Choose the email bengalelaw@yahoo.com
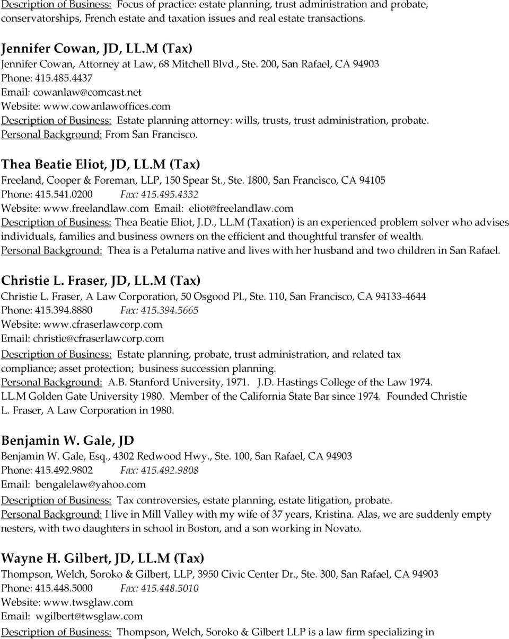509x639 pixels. point(90,484)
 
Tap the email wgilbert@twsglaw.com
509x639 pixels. point(89,616)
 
